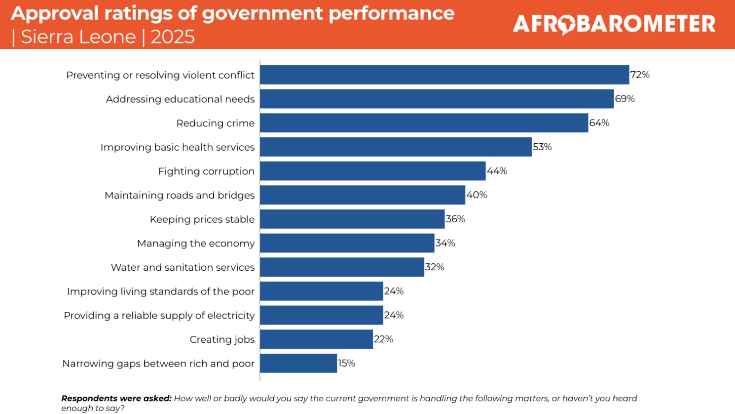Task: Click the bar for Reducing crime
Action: coord(424,123)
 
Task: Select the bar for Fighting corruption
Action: coord(372,171)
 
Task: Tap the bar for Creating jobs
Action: coord(316,339)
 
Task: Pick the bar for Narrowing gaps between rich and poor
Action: coord(298,363)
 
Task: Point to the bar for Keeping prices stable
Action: coord(352,219)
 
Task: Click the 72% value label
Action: coord(640,75)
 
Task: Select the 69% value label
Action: coord(625,99)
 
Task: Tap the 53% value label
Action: coord(542,147)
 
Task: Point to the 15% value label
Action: coord(346,363)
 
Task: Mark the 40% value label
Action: coord(477,195)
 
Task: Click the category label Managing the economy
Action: coord(196,244)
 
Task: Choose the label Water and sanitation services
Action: coord(183,267)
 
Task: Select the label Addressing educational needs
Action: coord(180,99)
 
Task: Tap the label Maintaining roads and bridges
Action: coord(180,196)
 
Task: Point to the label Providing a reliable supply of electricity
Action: coord(159,316)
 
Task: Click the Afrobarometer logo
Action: coord(614,24)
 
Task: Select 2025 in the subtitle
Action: coord(173,37)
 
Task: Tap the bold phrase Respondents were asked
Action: coord(116,398)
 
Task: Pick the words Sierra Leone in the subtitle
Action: coord(78,37)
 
